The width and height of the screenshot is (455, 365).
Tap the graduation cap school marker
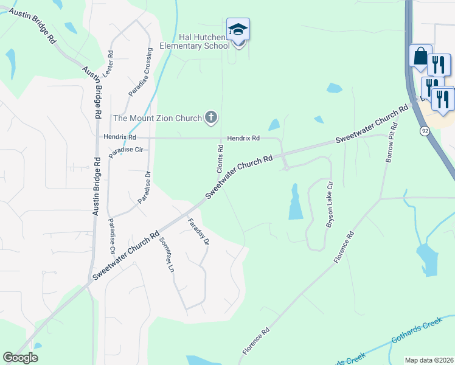238,30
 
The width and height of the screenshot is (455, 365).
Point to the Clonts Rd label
221,157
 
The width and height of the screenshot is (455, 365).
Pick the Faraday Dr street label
198,231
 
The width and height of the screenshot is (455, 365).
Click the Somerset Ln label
167,254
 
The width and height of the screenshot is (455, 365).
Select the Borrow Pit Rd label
390,142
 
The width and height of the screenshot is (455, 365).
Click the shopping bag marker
420,57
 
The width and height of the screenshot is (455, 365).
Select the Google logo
20,358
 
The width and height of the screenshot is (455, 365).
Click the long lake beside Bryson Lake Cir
296,203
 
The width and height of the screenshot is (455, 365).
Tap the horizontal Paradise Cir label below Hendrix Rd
125,149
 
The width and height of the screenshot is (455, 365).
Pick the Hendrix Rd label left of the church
120,138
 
